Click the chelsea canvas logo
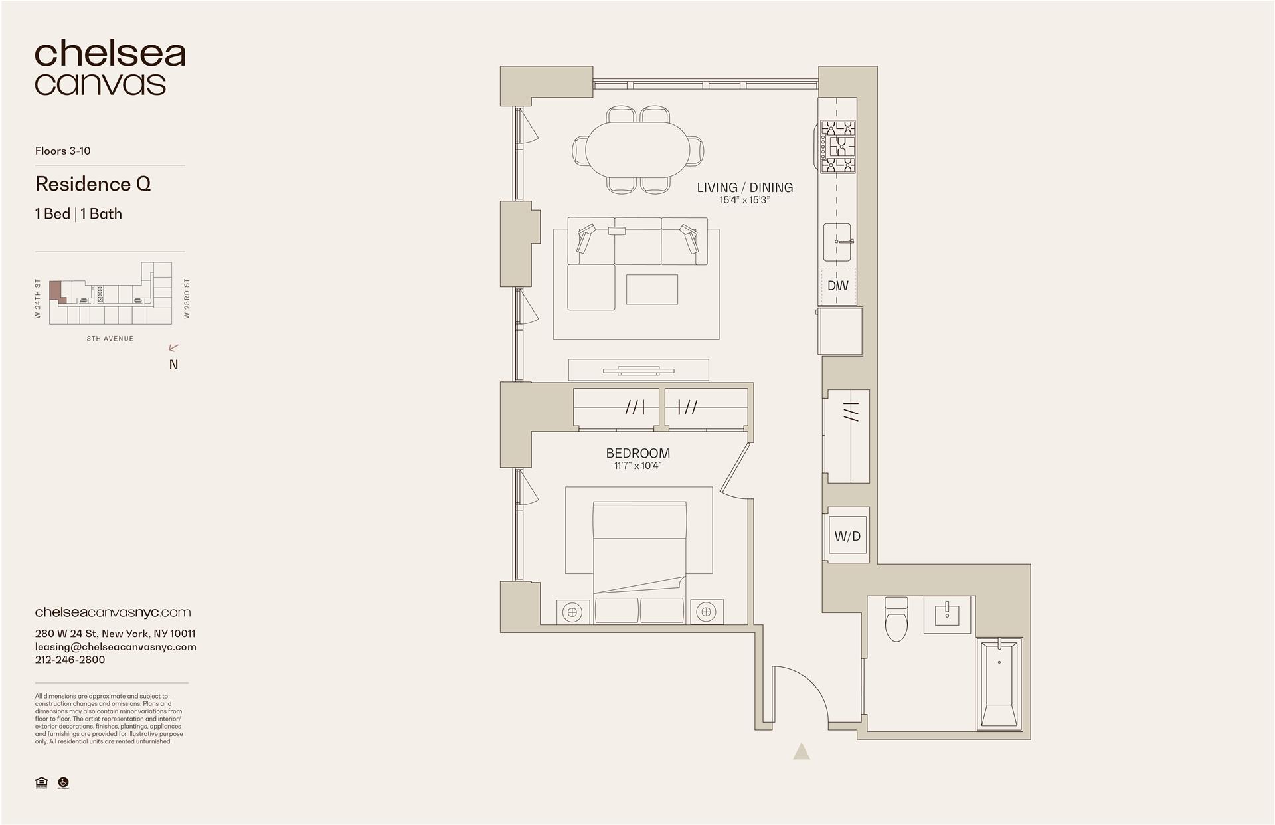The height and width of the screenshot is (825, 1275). [x=110, y=68]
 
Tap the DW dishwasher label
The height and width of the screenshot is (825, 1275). [x=837, y=286]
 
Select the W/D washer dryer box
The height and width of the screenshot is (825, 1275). [x=847, y=536]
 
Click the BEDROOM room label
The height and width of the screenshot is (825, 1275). [x=637, y=453]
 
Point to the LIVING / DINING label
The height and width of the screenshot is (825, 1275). [x=744, y=187]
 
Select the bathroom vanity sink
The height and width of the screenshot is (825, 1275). [x=946, y=614]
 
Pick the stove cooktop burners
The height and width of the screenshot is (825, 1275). [x=837, y=147]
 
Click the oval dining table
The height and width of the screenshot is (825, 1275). [x=637, y=150]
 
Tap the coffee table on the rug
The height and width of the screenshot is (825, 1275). [x=651, y=290]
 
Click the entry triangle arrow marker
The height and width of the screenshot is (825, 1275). [x=802, y=751]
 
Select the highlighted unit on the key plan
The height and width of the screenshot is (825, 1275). [x=56, y=291]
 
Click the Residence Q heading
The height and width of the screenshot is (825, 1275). [x=93, y=184]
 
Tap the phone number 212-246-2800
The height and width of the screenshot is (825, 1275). [x=70, y=660]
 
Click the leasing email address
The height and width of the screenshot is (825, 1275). [x=116, y=646]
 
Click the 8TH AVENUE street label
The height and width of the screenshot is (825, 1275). [x=110, y=339]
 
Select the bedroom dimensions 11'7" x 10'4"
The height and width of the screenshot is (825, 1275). [x=637, y=466]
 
